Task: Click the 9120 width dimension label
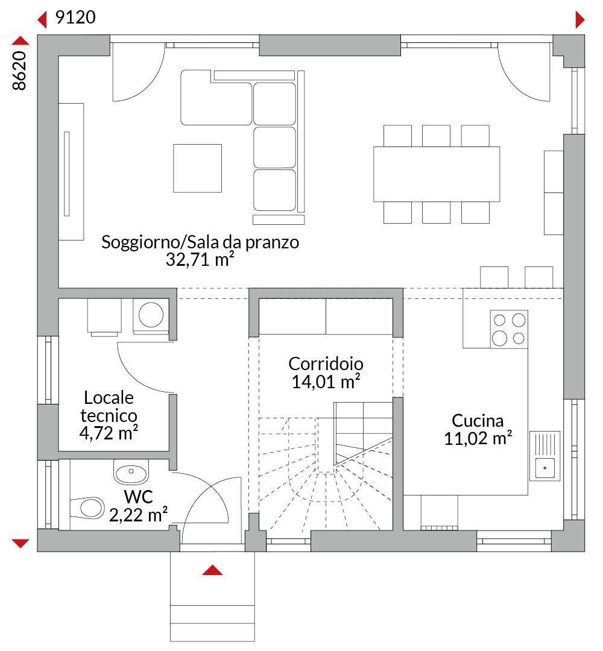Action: [75, 17]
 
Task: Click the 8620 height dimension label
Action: [19, 71]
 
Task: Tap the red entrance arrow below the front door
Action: [212, 570]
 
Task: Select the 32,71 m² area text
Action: [200, 259]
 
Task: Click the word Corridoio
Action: [326, 364]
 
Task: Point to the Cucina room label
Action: [478, 421]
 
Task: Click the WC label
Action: [138, 497]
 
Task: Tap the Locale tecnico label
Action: [109, 406]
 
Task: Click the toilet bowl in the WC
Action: [87, 508]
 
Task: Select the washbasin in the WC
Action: [131, 472]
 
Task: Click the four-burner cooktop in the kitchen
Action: [509, 329]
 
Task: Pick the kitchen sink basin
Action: [545, 468]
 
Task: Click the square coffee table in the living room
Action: [197, 168]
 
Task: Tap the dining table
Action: [437, 174]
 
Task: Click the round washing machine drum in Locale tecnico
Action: [151, 314]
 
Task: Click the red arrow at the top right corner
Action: [580, 19]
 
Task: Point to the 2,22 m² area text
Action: [138, 515]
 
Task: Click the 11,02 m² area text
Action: [478, 438]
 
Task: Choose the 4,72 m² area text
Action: [109, 433]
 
